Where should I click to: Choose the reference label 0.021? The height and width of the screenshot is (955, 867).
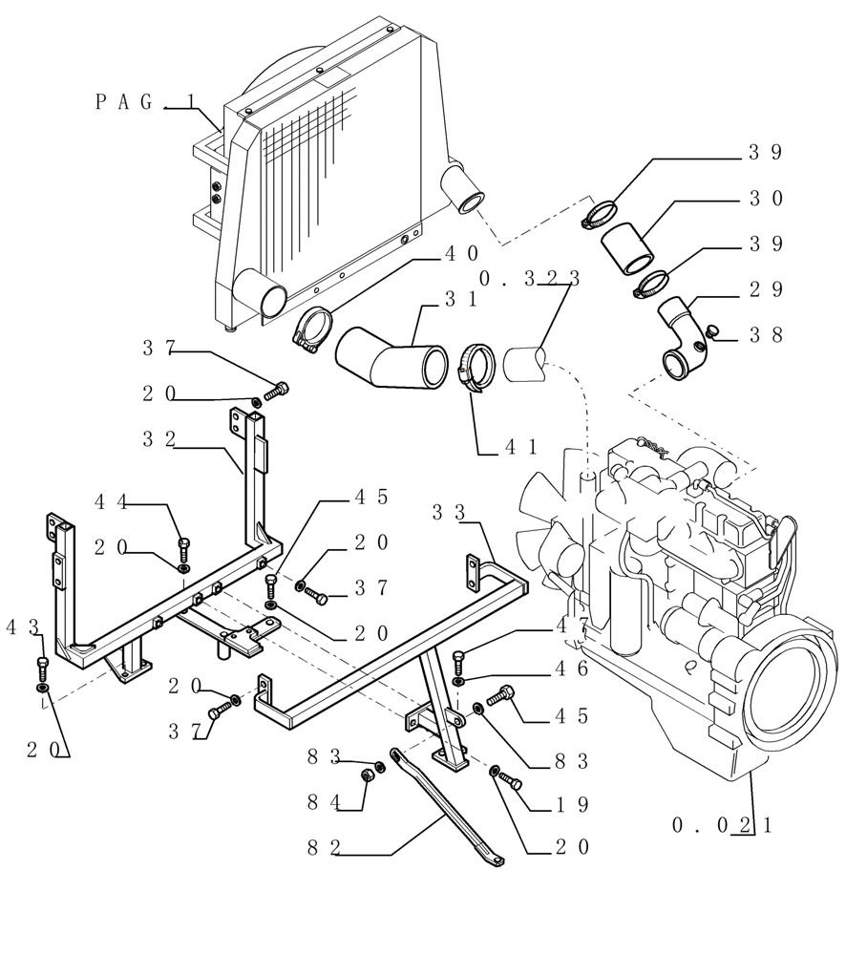722,825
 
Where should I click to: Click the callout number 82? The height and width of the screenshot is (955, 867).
324,847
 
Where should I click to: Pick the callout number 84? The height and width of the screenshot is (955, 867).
324,803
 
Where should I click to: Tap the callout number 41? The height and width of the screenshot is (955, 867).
520,446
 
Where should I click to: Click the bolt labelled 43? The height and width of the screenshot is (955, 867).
42,665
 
